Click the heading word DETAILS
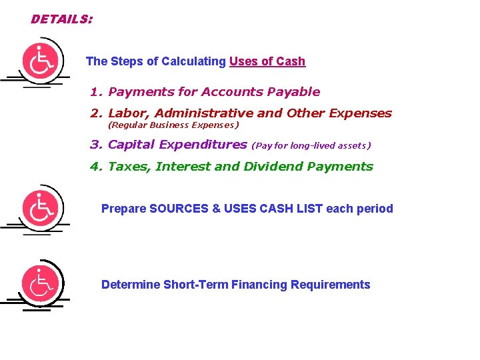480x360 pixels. click(x=61, y=19)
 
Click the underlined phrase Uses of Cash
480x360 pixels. click(x=267, y=61)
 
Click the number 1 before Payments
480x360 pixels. click(x=95, y=92)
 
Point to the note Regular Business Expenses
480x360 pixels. click(x=173, y=125)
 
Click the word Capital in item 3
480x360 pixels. click(x=131, y=145)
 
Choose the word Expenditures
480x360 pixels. click(x=203, y=145)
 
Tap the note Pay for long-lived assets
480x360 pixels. click(x=311, y=145)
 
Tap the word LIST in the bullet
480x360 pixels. click(x=309, y=209)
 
